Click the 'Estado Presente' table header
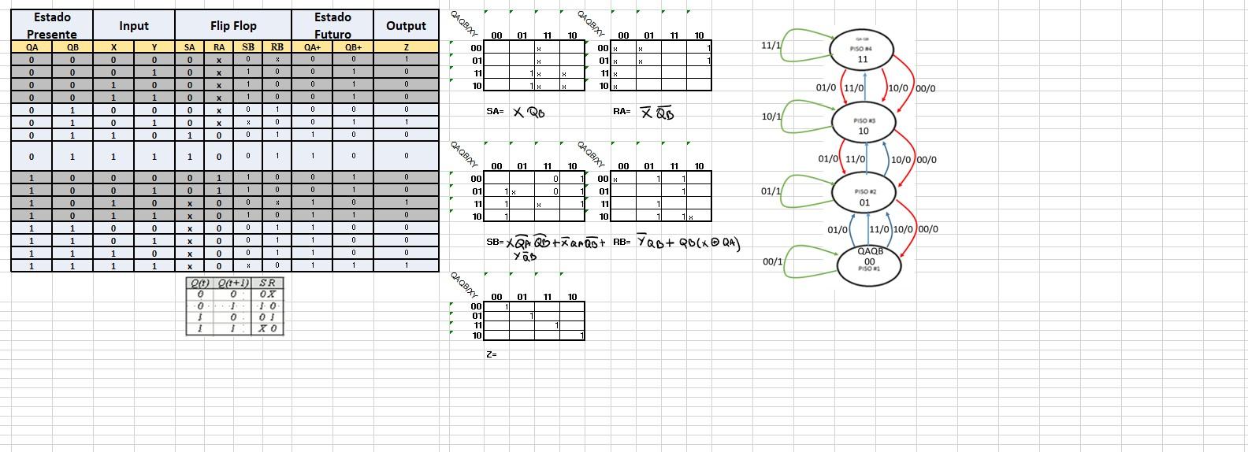(52, 25)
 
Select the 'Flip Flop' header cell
(233, 25)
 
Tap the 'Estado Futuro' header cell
(332, 25)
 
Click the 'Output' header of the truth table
(406, 25)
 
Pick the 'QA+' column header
(312, 47)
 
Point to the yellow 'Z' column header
(406, 47)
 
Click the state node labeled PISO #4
(862, 50)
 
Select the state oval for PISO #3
(864, 123)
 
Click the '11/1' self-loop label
(771, 46)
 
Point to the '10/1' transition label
(771, 117)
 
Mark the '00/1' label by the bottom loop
(772, 261)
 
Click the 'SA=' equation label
(494, 112)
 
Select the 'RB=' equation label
(622, 242)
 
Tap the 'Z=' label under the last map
(492, 354)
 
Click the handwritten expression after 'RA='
(656, 113)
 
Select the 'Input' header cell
(134, 25)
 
